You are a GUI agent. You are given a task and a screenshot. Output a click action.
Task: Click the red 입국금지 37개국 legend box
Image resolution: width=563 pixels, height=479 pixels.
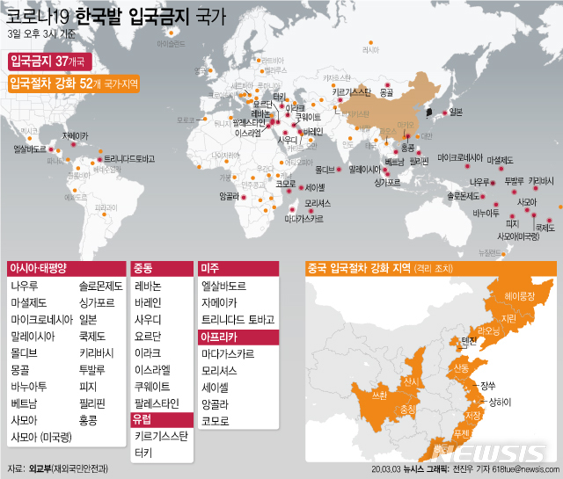point(39,62)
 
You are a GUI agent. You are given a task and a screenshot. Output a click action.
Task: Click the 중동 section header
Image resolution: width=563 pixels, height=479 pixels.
point(143,267)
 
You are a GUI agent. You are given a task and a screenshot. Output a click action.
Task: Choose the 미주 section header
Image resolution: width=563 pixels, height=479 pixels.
point(210,267)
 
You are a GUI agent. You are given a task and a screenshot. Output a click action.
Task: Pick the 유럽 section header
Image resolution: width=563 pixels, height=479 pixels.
point(143,418)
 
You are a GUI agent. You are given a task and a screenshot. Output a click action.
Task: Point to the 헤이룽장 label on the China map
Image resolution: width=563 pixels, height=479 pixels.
point(519,296)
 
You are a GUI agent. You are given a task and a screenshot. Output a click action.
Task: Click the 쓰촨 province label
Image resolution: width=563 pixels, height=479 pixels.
point(379,396)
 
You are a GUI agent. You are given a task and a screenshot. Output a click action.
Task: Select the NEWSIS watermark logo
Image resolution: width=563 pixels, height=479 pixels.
point(493,452)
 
